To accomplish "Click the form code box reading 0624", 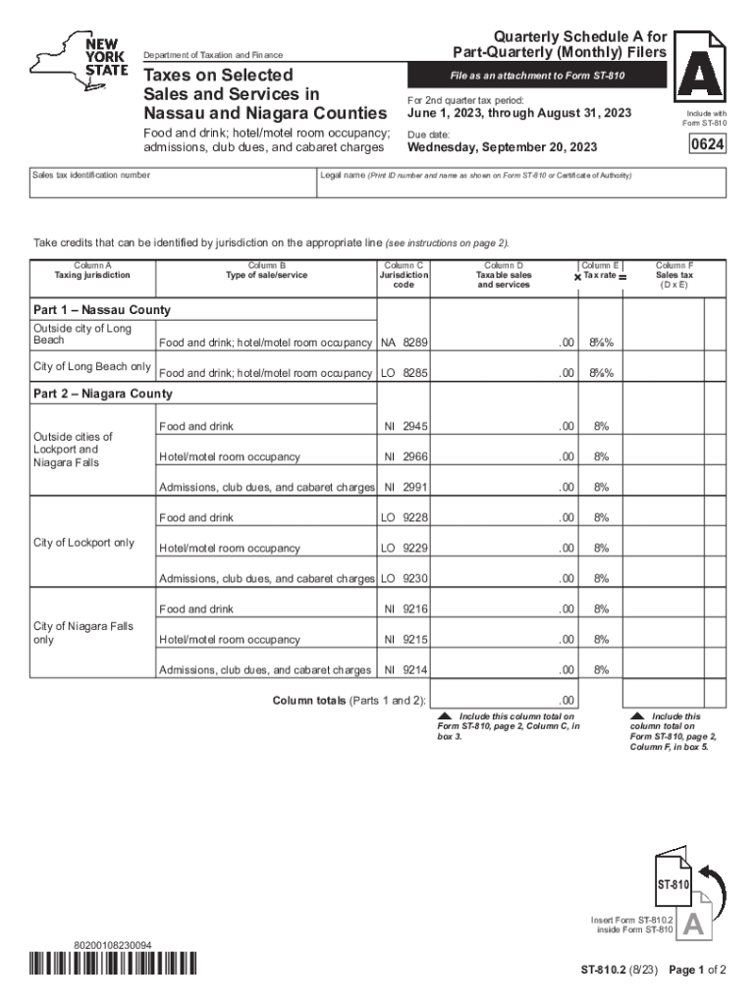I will [705, 147].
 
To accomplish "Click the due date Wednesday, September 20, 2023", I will [502, 148].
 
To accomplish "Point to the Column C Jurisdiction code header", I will [405, 276].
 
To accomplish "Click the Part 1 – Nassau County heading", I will [102, 310].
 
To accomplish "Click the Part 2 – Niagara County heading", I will [103, 394].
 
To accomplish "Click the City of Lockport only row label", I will [83, 543].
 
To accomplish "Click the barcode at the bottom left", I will [114, 965].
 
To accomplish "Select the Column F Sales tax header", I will [675, 276].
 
